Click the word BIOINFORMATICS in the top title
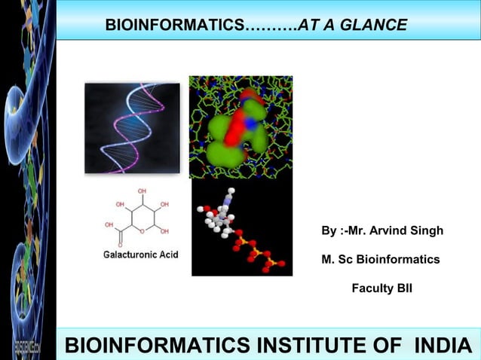click(x=175, y=25)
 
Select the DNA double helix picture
click(x=133, y=128)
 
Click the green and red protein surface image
click(x=240, y=127)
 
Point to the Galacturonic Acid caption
click(x=140, y=255)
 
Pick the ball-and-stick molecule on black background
click(x=241, y=229)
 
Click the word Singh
click(x=427, y=230)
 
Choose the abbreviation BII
click(x=404, y=288)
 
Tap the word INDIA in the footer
click(x=442, y=346)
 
